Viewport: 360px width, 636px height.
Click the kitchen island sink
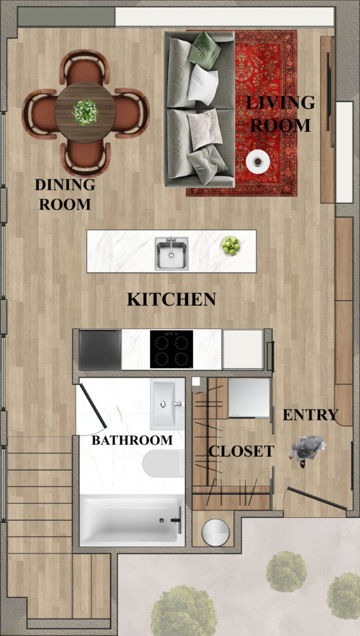coord(171,253)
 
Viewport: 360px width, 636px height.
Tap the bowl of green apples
coord(230,246)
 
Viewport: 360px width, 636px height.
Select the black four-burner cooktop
coord(171,349)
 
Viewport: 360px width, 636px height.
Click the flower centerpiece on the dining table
coord(85,112)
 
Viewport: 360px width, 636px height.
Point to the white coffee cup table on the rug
coord(258,161)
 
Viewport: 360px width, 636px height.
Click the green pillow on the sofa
coord(205,50)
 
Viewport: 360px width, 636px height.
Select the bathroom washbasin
coord(168,404)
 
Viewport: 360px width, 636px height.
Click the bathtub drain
coord(162,520)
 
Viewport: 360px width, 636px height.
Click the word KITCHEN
coord(171,299)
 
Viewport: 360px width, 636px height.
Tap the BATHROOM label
coord(132,440)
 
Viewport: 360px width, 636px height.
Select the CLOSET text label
coord(241,451)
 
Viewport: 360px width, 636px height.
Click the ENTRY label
coord(310,414)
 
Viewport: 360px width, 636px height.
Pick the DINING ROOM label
coord(65,194)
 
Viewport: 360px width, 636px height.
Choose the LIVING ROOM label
coord(281,114)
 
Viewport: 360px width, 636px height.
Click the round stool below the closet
coord(215,532)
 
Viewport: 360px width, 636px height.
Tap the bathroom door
coord(93,406)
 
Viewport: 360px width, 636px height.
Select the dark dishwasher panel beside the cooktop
coord(100,350)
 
